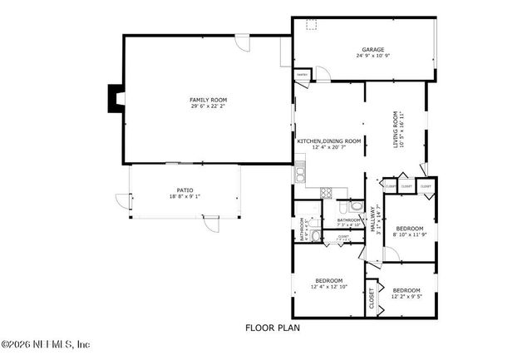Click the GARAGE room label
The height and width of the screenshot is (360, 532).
pos(372,49)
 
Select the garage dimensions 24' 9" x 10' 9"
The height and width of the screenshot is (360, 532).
pos(372,57)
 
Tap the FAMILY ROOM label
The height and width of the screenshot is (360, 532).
pos(208,100)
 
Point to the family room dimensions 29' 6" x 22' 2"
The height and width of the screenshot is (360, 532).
pos(208,106)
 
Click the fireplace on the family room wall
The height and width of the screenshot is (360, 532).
pos(113,99)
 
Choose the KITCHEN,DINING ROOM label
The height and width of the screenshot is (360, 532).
pos(330,141)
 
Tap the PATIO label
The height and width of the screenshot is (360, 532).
pos(184,190)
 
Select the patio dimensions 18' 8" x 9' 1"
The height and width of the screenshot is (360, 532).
pos(184,196)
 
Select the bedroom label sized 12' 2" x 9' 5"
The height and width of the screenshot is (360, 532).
pos(406,290)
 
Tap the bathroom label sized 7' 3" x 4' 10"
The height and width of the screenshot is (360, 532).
pos(348,222)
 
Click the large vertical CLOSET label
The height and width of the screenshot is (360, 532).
pos(371,300)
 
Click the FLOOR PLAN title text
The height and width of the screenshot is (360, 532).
pos(272,328)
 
